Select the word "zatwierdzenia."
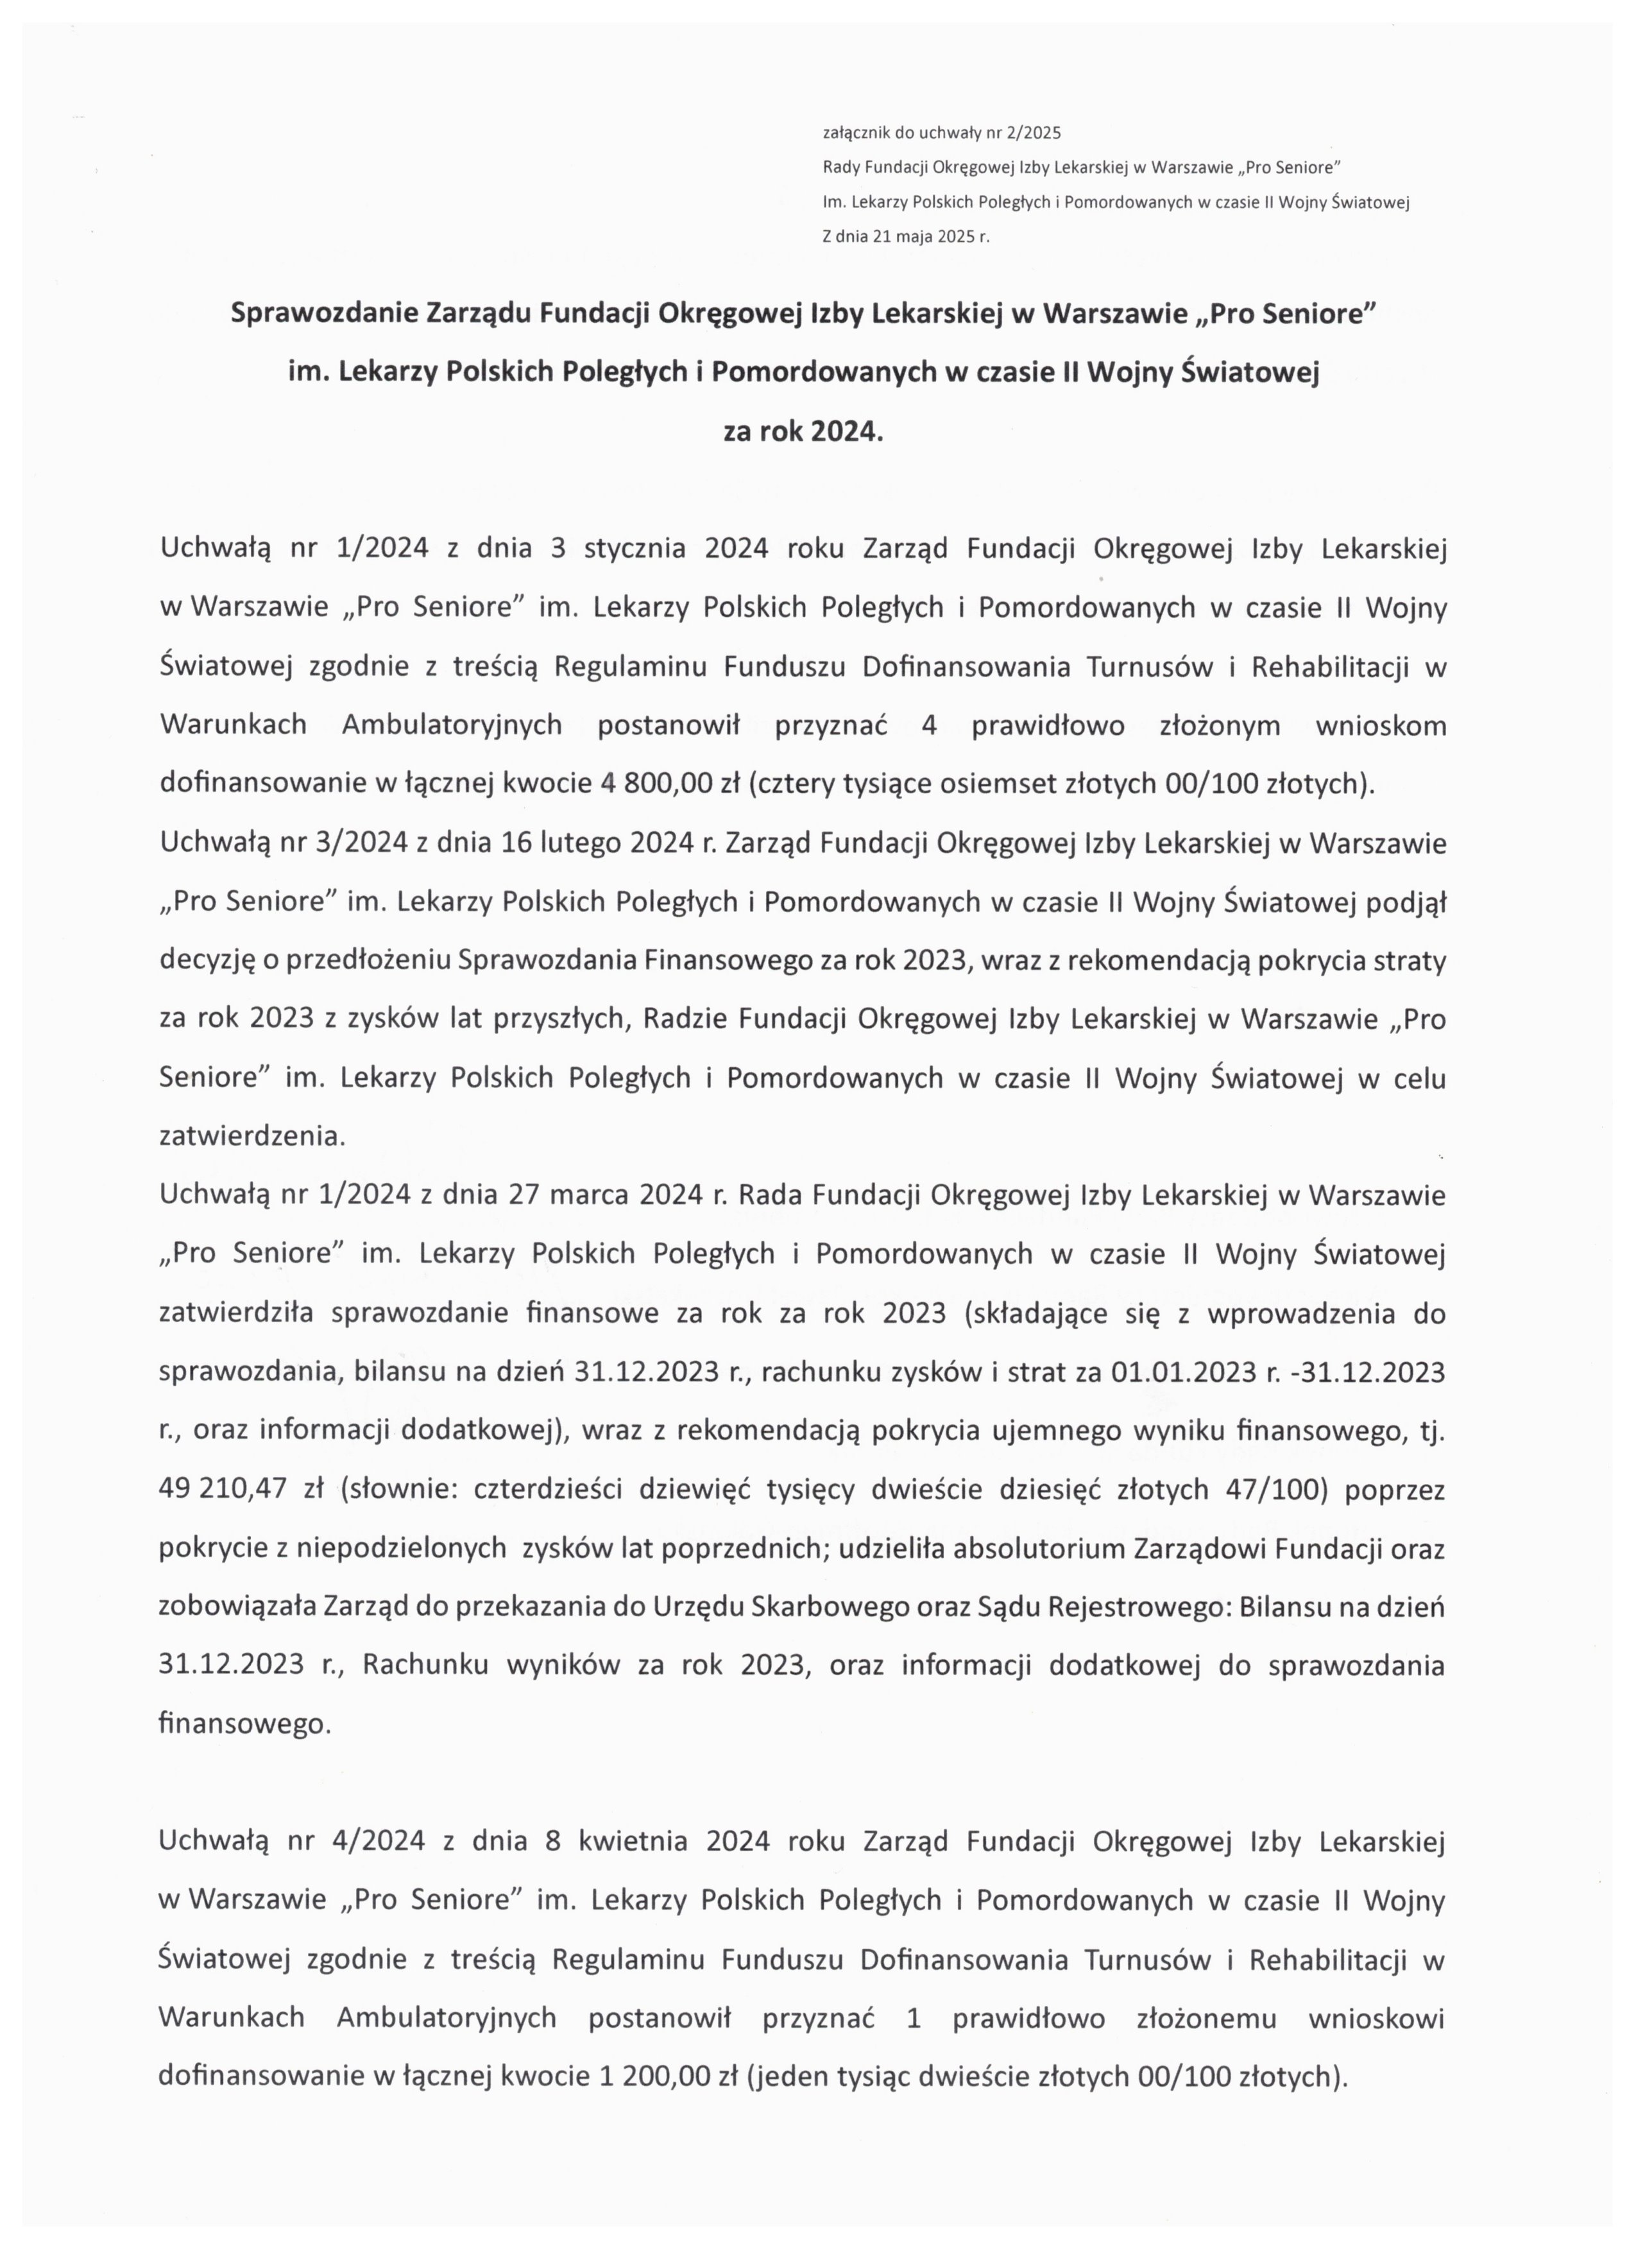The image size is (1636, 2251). tap(252, 1137)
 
